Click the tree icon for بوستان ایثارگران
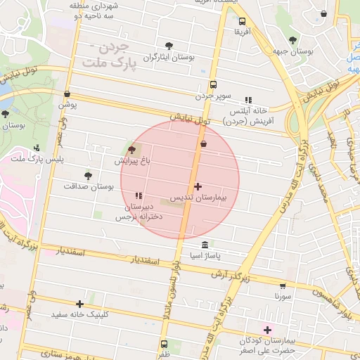pyautogui.click(x=168, y=45)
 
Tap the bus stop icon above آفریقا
pyautogui.click(x=242, y=21)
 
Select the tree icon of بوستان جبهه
pyautogui.click(x=293, y=39)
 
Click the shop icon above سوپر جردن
pyautogui.click(x=213, y=82)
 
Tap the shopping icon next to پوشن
pyautogui.click(x=67, y=94)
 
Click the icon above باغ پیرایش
pyautogui.click(x=131, y=150)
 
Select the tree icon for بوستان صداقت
pyautogui.click(x=88, y=176)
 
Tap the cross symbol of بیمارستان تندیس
pyautogui.click(x=198, y=187)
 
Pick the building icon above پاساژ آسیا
pyautogui.click(x=205, y=245)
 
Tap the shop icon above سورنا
pyautogui.click(x=283, y=286)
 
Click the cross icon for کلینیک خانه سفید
pyautogui.click(x=80, y=304)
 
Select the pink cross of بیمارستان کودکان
pyautogui.click(x=267, y=329)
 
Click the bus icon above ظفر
pyautogui.click(x=165, y=344)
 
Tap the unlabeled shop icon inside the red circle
pyautogui.click(x=204, y=144)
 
